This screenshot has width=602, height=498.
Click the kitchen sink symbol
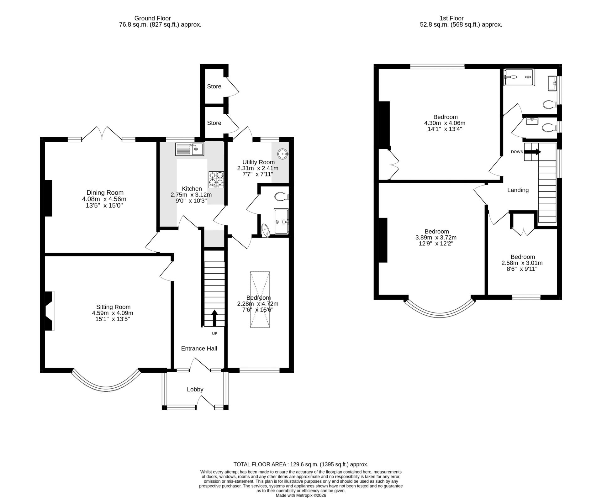coord(190,149)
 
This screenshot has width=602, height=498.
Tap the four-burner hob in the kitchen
coord(216,180)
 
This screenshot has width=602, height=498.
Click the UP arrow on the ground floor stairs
coord(214,318)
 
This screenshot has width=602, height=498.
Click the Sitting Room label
coord(113,307)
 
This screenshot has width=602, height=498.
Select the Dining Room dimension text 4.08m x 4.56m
coord(104,199)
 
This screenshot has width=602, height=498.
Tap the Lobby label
coord(195,389)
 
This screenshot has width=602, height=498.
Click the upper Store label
coord(214,86)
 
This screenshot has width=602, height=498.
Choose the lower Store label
coord(214,123)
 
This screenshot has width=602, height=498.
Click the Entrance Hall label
coord(199,349)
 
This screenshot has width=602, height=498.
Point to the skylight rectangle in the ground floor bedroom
coord(260,300)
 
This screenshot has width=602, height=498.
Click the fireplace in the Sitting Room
coord(50,311)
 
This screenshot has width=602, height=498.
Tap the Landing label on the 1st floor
coord(518,190)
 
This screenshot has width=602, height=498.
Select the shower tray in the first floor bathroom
coord(519,77)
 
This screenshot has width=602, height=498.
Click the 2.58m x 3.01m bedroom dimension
coord(522,263)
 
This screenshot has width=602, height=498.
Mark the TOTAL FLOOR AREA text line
coord(301,464)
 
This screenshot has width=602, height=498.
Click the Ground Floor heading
coord(152,18)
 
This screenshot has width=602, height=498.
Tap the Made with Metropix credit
coord(301,495)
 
